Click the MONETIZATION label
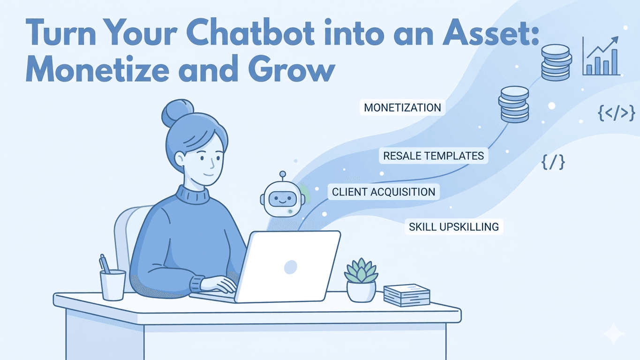click(402, 108)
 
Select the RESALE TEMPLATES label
click(433, 156)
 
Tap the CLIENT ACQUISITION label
click(383, 192)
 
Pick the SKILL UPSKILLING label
click(453, 227)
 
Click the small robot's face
click(282, 197)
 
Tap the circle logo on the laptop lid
click(291, 267)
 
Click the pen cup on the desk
click(113, 284)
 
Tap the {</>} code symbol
click(616, 113)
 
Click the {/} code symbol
click(553, 162)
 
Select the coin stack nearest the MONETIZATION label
click(513, 105)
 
